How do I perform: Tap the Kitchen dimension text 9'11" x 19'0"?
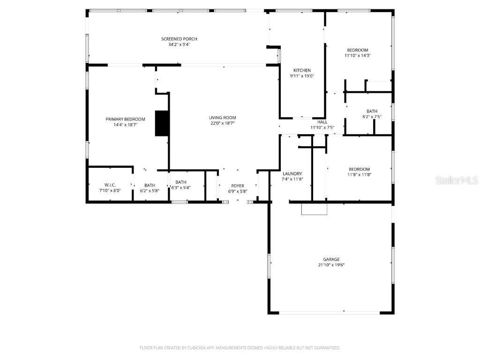(x=302, y=76)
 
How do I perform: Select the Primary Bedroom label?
(x=125, y=119)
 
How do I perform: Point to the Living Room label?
(x=223, y=118)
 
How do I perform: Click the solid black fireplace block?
(x=161, y=123)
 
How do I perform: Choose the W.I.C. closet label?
(x=110, y=185)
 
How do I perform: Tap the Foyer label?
(x=238, y=186)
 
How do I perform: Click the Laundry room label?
(x=292, y=173)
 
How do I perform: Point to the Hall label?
(x=322, y=122)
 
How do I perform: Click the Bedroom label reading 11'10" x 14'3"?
(x=357, y=50)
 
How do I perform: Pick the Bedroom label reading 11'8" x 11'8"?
(x=359, y=169)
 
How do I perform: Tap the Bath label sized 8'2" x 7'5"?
(x=372, y=111)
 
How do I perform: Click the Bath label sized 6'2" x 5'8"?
(x=150, y=185)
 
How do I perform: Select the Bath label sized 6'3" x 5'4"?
(x=181, y=182)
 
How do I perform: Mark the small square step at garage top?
(x=313, y=209)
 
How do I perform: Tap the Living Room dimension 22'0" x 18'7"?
(x=223, y=123)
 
